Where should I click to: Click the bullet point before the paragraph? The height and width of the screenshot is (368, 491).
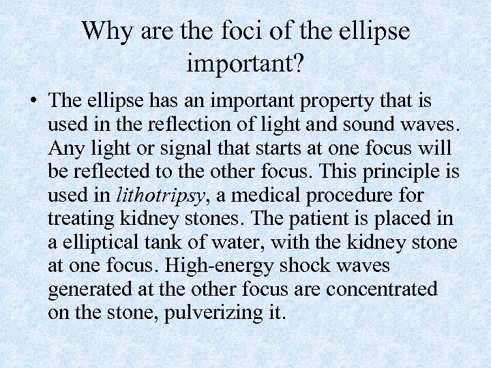click(32, 103)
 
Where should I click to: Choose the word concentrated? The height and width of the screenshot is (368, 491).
click(381, 289)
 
